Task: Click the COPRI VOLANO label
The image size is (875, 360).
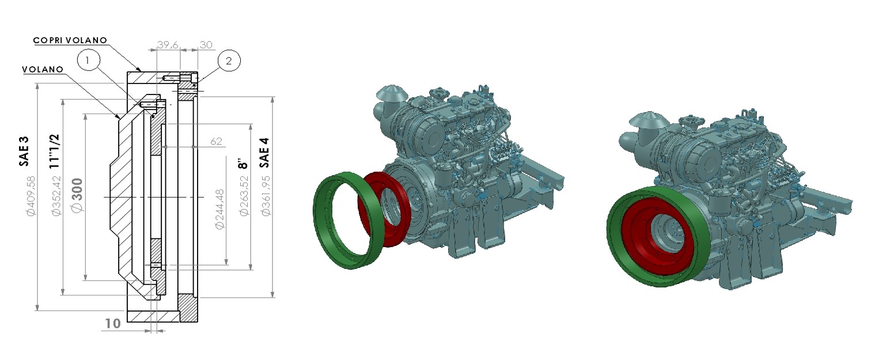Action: tap(70, 40)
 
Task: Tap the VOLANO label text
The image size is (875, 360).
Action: tap(43, 70)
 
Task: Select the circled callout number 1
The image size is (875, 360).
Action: tap(88, 60)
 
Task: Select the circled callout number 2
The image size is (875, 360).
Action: tap(229, 60)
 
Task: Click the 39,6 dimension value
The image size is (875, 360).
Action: tap(168, 45)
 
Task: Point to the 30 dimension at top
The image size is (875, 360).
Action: tap(206, 45)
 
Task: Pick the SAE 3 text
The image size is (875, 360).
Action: tap(24, 151)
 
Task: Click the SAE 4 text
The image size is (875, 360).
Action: tap(264, 152)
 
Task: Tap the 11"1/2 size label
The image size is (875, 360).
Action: tap(54, 151)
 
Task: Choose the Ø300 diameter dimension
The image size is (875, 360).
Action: tap(77, 195)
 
